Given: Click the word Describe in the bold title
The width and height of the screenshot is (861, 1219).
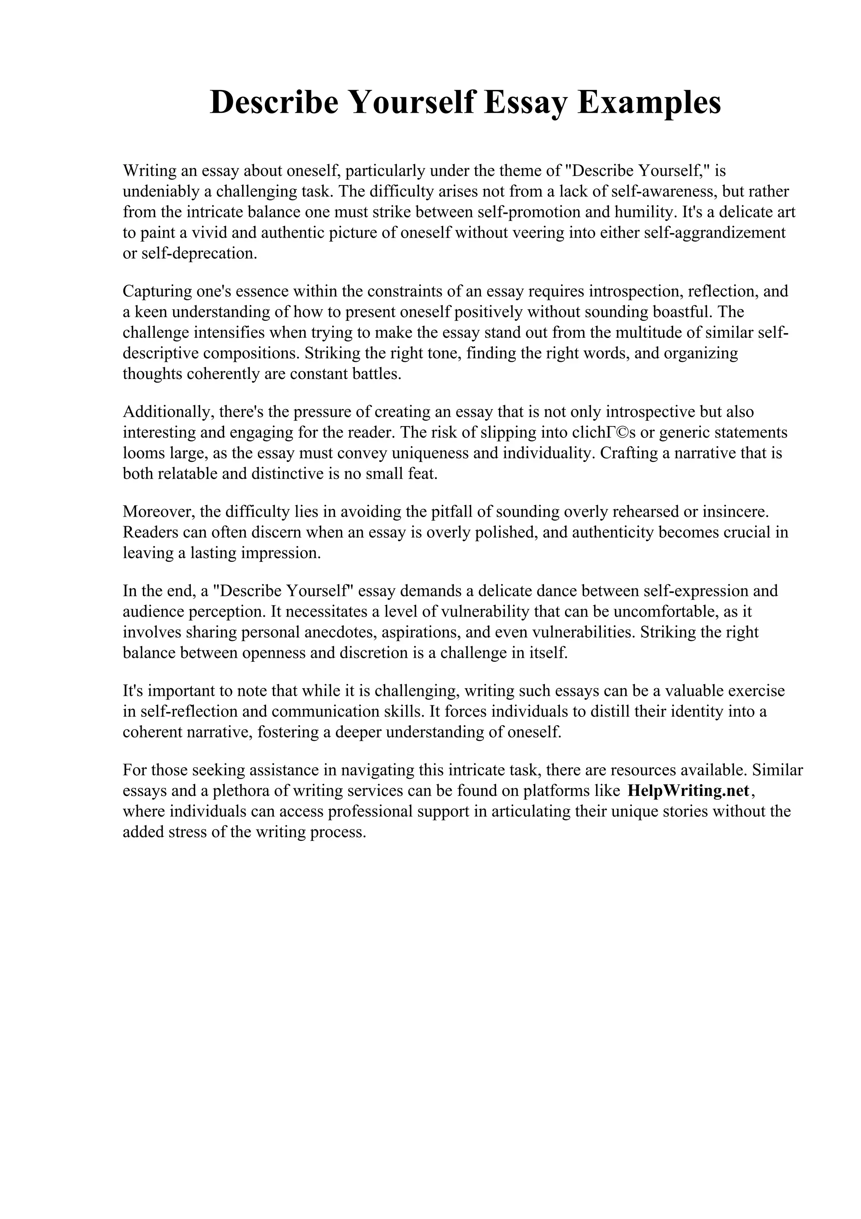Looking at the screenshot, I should click(274, 103).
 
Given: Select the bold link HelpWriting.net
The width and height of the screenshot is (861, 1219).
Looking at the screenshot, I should click(688, 790).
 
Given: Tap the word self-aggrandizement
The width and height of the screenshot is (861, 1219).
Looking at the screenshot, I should click(714, 233).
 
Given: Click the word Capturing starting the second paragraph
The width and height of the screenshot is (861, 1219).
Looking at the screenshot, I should click(157, 291).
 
